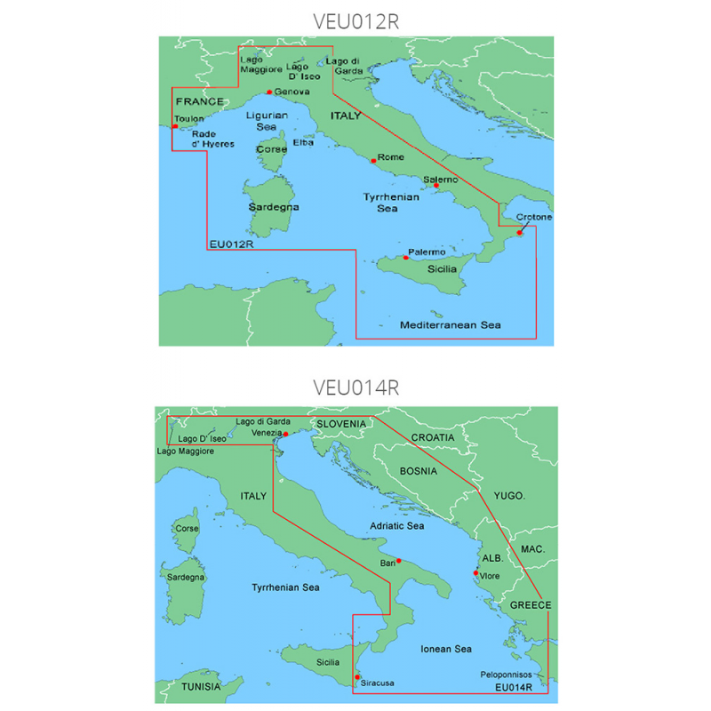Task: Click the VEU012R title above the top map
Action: pos(355,21)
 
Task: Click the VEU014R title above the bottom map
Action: pos(355,387)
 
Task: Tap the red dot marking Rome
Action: pos(373,161)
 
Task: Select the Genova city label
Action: pos(292,92)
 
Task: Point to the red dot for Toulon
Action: pos(175,127)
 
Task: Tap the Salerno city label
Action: pos(441,180)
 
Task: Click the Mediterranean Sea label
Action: pos(450,325)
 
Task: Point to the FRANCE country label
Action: pos(196,102)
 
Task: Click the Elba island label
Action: pos(303,142)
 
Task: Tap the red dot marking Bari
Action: pos(399,561)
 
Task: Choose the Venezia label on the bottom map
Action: pos(267,433)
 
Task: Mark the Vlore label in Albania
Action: pos(491,577)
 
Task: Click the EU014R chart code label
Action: pos(515,686)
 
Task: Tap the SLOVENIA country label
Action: pos(341,424)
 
